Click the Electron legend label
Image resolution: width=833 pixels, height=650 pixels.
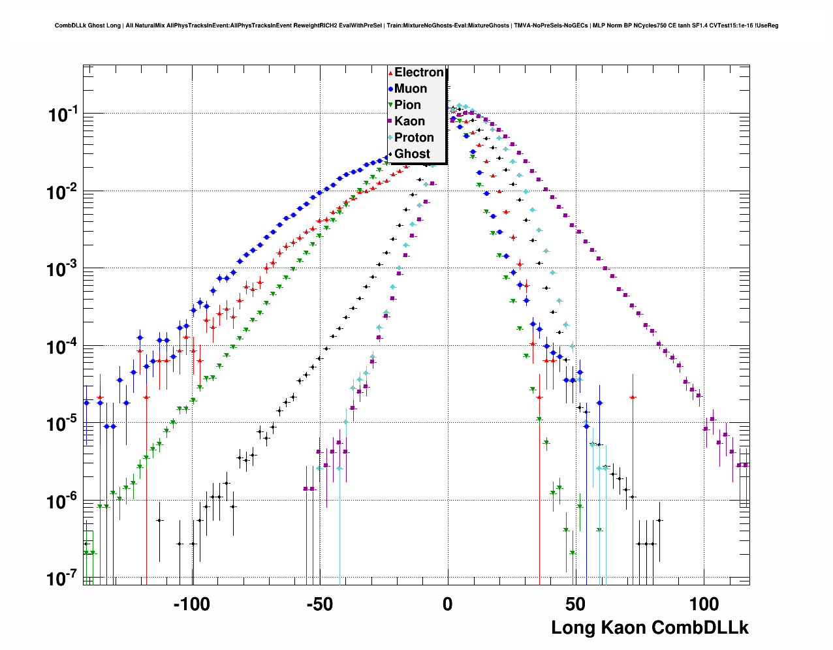(418, 72)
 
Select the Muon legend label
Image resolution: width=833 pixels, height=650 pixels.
(411, 89)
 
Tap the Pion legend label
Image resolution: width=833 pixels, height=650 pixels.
(407, 105)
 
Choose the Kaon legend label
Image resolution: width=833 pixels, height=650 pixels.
(409, 121)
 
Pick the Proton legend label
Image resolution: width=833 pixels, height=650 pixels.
(414, 138)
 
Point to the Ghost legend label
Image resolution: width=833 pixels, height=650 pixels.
(412, 154)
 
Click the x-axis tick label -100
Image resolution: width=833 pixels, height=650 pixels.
(191, 604)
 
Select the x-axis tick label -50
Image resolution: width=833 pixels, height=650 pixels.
(319, 604)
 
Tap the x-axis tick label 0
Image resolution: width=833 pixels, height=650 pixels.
(447, 604)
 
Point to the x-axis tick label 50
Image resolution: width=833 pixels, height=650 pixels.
(575, 604)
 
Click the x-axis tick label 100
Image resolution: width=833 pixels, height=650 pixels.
(704, 604)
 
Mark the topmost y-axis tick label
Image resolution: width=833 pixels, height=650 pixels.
(63, 116)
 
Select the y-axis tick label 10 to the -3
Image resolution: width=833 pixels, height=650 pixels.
(63, 270)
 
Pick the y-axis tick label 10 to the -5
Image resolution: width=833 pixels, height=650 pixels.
(63, 424)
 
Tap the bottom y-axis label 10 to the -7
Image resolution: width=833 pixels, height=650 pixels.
(63, 579)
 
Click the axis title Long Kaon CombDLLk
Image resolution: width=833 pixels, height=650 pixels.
(650, 628)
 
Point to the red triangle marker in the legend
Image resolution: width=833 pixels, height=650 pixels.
(390, 73)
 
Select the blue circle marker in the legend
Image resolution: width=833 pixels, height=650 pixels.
(390, 89)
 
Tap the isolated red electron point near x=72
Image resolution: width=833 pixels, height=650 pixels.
(633, 397)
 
